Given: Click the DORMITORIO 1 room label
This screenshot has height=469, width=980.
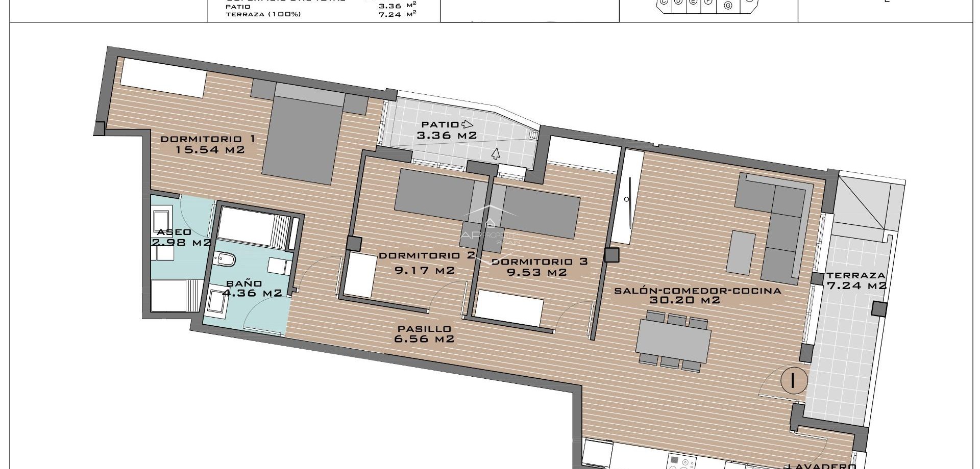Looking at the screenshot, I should [x=207, y=139].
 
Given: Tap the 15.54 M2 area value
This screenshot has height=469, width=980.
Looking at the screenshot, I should [x=210, y=150].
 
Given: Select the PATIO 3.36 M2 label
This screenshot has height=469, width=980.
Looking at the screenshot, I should [x=447, y=130].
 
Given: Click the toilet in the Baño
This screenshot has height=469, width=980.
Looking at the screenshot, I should [x=225, y=260].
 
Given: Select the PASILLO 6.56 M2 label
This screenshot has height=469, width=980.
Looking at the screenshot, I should [x=424, y=334].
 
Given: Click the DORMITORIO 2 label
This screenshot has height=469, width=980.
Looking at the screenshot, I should [x=427, y=255].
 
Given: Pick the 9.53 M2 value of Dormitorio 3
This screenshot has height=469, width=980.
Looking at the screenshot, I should [x=536, y=272].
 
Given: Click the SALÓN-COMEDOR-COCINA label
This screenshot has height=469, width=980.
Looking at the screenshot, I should [x=697, y=291].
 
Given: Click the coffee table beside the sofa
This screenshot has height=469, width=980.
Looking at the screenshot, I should [x=741, y=252].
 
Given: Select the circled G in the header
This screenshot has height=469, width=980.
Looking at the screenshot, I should [x=728, y=6].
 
